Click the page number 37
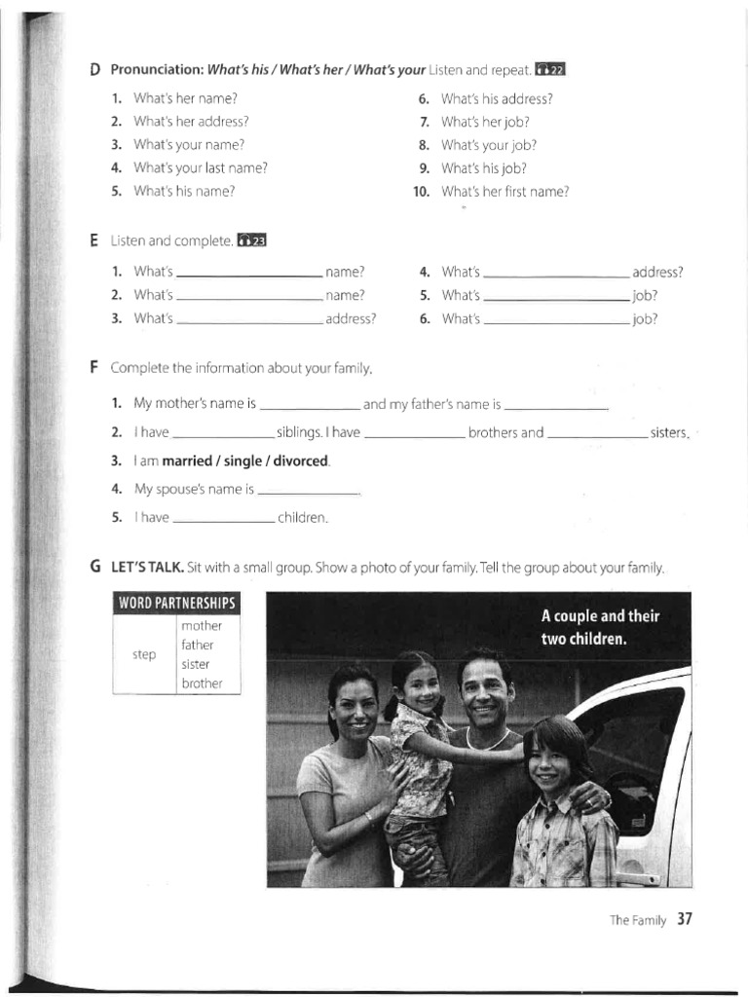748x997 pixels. [684, 919]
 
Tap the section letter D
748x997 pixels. [94, 70]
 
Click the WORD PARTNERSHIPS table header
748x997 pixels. [176, 603]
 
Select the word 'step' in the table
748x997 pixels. [144, 654]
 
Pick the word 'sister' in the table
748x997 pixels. [195, 664]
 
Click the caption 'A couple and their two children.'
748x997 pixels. [600, 628]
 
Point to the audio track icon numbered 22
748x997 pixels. [550, 70]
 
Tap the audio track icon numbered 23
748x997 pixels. [251, 240]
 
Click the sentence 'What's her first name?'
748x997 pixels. [505, 192]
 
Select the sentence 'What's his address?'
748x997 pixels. [497, 98]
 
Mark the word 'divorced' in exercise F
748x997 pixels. [303, 461]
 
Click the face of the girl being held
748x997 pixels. [420, 687]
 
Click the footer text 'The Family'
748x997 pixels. [638, 920]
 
